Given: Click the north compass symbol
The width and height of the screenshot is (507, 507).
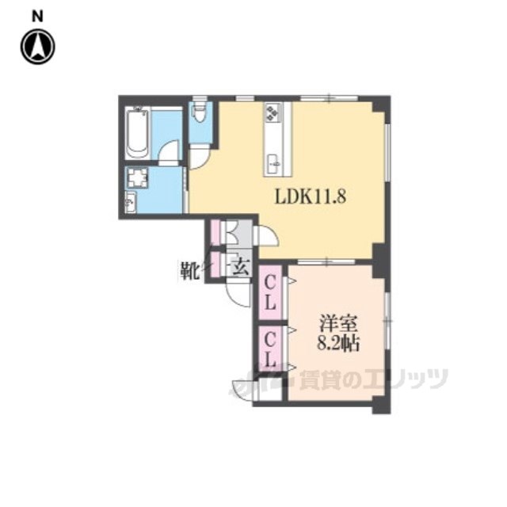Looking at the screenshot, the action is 37,47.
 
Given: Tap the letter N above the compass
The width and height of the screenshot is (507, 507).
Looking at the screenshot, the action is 37,16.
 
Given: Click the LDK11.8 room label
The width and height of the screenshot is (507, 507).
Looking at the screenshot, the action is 311,196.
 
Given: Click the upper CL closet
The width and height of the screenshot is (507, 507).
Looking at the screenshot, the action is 270,292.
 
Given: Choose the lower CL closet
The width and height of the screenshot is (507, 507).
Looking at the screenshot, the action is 270,349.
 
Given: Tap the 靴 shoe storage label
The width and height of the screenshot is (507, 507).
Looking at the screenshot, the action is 189,270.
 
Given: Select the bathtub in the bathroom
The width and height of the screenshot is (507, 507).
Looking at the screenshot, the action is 137,135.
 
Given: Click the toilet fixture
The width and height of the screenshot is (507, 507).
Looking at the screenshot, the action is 200,112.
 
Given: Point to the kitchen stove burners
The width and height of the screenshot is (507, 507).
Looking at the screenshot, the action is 273,112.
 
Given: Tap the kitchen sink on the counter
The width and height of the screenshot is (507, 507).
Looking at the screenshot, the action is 274,164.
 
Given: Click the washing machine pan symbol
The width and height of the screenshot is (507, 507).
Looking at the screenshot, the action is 138,177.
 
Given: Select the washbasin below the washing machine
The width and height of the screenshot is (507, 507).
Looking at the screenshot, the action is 131,202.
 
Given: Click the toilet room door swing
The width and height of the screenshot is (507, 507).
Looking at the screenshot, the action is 199,157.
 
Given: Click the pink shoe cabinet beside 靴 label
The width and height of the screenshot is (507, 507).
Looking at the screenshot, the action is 215,265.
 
